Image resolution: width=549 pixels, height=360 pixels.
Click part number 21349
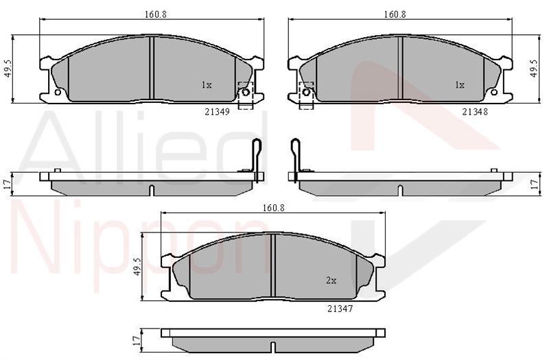click(217, 112)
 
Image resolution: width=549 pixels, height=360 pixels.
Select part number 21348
click(475, 112)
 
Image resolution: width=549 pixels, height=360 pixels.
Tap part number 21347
click(340, 309)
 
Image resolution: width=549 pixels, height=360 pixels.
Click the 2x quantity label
click(331, 280)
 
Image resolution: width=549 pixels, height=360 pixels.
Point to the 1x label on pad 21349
click(207, 85)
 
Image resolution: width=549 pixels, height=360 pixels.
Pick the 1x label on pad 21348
click(460, 85)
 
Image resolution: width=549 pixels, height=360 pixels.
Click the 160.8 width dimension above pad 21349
click(155, 14)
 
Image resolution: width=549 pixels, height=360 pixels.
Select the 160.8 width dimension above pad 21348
click(395, 14)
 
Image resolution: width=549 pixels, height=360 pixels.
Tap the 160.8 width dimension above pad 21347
click(274, 208)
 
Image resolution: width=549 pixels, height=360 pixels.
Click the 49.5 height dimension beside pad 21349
click(8, 68)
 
